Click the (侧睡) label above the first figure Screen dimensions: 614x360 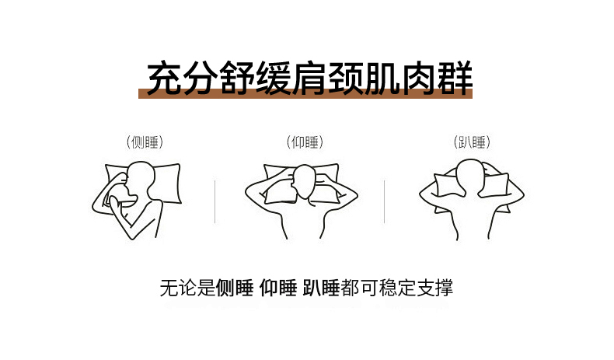click(145, 142)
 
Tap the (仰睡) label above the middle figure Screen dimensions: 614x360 click(305, 142)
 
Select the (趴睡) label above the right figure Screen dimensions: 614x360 click(472, 142)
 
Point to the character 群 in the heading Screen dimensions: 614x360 click(455, 79)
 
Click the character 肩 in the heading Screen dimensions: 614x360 click(310, 79)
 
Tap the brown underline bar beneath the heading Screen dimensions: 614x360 click(305, 93)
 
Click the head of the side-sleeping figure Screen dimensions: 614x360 click(139, 180)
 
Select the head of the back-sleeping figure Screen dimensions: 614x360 click(304, 182)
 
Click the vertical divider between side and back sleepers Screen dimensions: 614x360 click(215, 201)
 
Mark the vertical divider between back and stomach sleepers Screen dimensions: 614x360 click(384, 201)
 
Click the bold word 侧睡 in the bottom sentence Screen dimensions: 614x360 click(235, 288)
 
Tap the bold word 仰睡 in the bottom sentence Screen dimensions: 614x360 click(278, 288)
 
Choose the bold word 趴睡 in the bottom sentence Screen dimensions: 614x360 click(321, 288)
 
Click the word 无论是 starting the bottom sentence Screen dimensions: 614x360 click(188, 288)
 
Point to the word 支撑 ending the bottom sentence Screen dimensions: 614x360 click(434, 288)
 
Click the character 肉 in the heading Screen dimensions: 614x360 click(419, 79)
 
